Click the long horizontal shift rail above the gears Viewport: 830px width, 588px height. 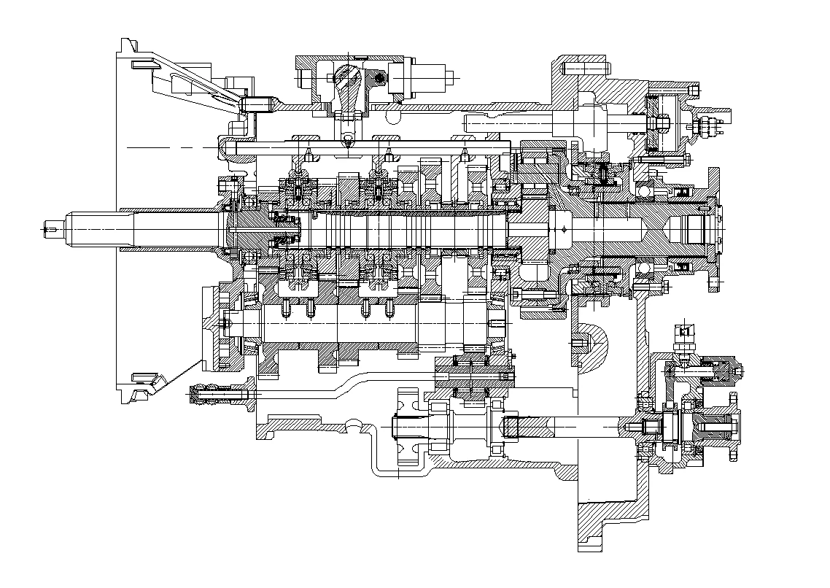[x=365, y=147]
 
